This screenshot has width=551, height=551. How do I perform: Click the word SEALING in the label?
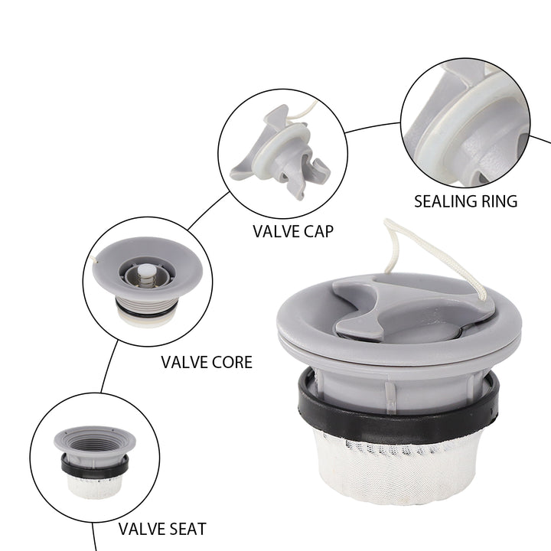click(x=445, y=201)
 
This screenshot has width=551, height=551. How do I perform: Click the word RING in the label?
click(x=499, y=201)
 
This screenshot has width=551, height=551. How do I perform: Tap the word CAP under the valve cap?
click(x=318, y=231)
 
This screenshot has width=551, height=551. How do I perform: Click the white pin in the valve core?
click(x=146, y=271)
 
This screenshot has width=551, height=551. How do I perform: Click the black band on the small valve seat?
click(x=95, y=467)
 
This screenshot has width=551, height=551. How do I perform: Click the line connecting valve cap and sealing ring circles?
click(x=373, y=126)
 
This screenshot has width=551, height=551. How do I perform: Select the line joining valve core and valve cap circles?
click(x=209, y=210)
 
